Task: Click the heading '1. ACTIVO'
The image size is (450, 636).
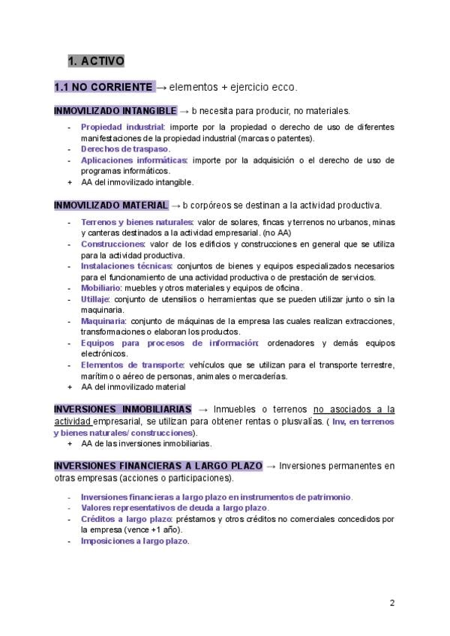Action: point(95,60)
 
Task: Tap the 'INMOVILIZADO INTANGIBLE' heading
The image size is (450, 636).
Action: point(115,111)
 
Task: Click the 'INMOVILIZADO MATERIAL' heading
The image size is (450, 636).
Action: point(110,205)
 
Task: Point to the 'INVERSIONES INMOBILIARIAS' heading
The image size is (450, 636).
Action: point(123,409)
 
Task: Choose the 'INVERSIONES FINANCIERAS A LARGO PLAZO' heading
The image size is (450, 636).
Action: point(157,466)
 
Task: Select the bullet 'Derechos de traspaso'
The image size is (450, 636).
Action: point(124,149)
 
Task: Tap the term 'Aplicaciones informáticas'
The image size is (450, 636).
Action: point(133,160)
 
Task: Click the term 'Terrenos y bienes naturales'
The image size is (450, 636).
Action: point(136,222)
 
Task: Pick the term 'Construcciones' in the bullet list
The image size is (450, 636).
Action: point(112,244)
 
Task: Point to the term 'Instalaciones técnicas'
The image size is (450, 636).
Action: point(126,265)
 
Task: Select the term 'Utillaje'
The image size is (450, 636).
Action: point(94,299)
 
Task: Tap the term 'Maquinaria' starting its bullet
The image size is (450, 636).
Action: point(103,321)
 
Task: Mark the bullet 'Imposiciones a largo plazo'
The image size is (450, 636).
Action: point(134,541)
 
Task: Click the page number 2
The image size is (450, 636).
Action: point(392,603)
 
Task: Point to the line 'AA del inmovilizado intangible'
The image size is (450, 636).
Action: point(137,182)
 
